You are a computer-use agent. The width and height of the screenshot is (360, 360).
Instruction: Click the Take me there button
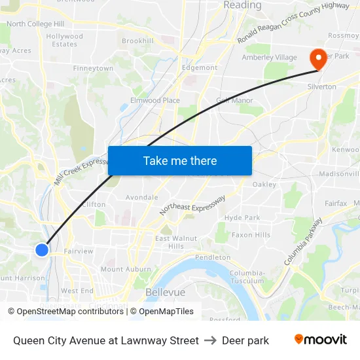180,160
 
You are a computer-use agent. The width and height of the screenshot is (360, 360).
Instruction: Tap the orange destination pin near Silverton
318,60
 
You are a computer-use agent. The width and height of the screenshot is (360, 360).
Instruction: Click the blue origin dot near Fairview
42,249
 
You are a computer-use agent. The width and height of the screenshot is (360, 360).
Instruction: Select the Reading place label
242,5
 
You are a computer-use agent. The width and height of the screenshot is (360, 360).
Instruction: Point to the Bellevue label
165,292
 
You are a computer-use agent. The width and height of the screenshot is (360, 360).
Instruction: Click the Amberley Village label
270,58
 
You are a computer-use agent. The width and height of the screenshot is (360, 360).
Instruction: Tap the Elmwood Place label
155,100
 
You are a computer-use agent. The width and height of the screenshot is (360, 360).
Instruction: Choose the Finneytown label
94,68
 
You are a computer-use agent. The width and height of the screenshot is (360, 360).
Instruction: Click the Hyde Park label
242,218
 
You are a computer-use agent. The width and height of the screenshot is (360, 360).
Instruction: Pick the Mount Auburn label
126,269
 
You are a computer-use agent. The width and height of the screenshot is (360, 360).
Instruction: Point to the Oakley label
264,185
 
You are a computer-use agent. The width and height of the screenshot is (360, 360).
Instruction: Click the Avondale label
141,197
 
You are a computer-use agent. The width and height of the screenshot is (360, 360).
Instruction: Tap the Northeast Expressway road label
192,205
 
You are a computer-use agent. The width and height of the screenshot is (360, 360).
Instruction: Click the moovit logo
321,340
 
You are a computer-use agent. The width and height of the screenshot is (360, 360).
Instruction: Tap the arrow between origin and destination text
210,340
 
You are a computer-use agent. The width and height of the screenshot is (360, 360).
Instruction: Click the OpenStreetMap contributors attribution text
66,312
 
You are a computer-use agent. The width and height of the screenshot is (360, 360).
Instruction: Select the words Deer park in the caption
245,340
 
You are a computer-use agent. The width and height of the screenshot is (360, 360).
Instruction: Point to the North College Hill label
35,24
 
